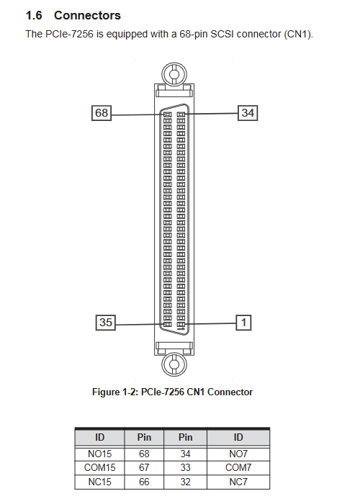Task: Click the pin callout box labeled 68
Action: (x=102, y=113)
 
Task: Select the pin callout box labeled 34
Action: (x=248, y=113)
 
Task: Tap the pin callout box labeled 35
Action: (x=105, y=323)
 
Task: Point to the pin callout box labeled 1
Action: (x=243, y=323)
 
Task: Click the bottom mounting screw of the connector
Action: (x=174, y=364)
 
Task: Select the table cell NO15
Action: (x=99, y=454)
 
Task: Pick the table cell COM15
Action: (x=99, y=468)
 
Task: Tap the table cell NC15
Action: (x=99, y=482)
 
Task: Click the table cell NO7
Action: (x=238, y=454)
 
